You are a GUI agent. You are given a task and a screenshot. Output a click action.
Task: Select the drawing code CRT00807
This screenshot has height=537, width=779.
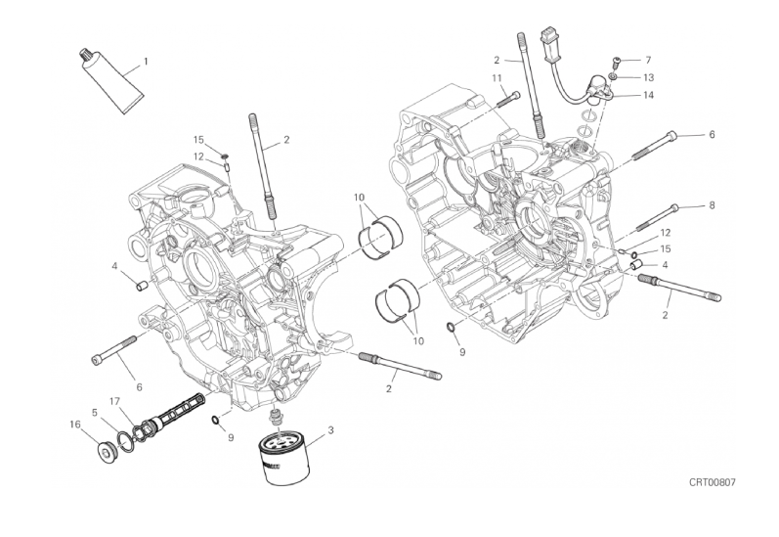tap(712, 482)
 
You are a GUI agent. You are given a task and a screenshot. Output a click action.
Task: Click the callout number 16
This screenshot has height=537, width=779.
tap(75, 425)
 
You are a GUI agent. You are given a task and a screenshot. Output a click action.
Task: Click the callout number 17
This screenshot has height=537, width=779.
tap(114, 401)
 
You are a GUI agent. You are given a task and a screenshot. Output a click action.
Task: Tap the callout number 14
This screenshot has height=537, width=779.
tap(648, 95)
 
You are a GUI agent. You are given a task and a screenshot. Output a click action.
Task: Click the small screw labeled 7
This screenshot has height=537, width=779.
tap(617, 63)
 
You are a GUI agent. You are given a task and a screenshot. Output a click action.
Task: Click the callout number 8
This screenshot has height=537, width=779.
tap(712, 204)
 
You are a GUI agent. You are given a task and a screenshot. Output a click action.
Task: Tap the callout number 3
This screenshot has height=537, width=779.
tap(331, 430)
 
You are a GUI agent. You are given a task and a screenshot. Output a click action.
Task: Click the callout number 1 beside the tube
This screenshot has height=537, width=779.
tap(146, 62)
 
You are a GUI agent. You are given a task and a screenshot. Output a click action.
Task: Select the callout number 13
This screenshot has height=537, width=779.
tap(648, 77)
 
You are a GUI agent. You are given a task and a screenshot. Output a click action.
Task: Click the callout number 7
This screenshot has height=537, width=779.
tap(648, 61)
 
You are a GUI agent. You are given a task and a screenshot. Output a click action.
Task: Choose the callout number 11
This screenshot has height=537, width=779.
tap(497, 78)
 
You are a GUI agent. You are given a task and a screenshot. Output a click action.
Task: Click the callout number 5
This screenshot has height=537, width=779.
tap(95, 412)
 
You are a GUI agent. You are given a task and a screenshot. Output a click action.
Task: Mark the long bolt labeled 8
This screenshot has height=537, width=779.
tap(657, 218)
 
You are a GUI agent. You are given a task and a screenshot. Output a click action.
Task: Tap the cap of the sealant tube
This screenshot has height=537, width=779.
tap(84, 54)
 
